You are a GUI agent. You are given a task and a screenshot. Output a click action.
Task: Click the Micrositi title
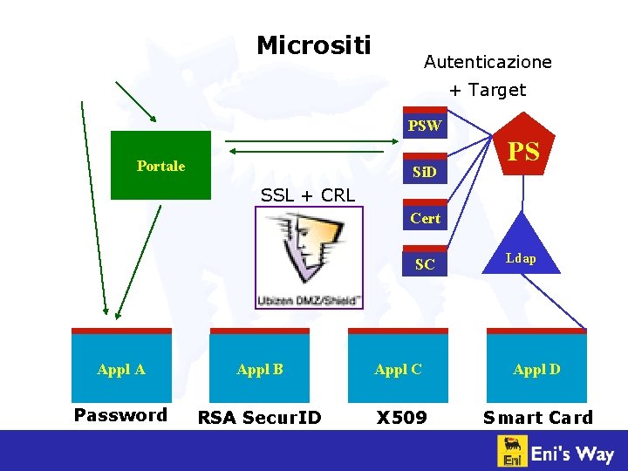313,44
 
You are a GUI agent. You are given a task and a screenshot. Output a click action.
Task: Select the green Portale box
160,166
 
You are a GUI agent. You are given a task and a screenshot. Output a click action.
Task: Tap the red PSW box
424,126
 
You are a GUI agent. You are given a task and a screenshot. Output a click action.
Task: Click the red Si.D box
424,173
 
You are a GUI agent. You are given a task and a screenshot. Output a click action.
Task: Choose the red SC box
424,264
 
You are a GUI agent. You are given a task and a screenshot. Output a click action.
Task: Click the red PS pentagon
523,153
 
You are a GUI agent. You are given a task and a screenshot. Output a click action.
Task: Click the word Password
120,415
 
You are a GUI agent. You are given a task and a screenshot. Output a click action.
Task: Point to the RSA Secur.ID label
259,418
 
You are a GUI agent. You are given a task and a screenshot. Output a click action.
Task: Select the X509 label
401,418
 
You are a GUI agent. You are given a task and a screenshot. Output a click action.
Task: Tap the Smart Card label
537,418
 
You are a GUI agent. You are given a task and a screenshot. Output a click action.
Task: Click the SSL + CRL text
307,195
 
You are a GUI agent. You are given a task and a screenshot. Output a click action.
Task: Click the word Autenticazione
488,62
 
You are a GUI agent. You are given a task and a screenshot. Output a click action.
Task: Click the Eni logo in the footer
512,452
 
